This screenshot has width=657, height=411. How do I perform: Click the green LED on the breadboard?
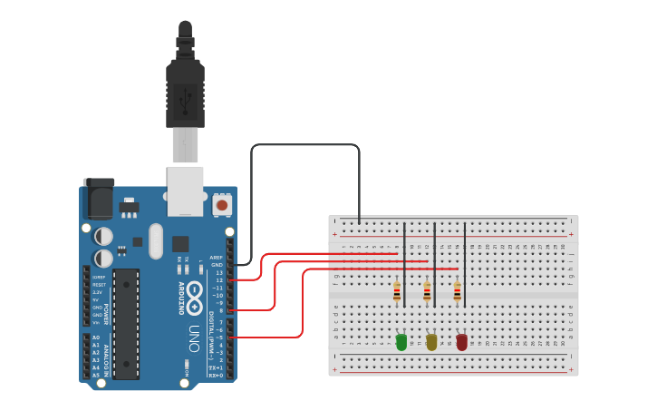(x=401, y=342)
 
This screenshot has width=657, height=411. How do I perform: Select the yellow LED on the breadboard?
(x=431, y=342)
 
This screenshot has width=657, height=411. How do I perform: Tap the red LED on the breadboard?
(x=462, y=342)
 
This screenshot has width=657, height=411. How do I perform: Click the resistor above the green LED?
(x=397, y=292)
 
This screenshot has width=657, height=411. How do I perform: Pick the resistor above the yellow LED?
(x=427, y=292)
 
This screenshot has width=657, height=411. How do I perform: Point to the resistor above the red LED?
(x=457, y=292)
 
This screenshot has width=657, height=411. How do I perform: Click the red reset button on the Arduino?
(x=222, y=206)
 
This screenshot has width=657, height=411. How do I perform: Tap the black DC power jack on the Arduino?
(x=98, y=198)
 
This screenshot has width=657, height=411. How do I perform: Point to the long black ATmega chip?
(x=126, y=323)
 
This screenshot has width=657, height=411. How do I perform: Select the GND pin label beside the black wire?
(x=217, y=265)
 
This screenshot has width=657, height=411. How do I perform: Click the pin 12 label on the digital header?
(x=218, y=280)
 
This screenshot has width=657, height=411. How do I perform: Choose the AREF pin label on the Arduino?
(x=216, y=258)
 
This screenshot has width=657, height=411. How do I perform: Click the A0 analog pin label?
(x=96, y=338)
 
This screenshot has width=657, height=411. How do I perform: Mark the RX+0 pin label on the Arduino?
(x=216, y=375)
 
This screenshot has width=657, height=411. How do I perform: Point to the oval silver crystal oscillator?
(x=157, y=240)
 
